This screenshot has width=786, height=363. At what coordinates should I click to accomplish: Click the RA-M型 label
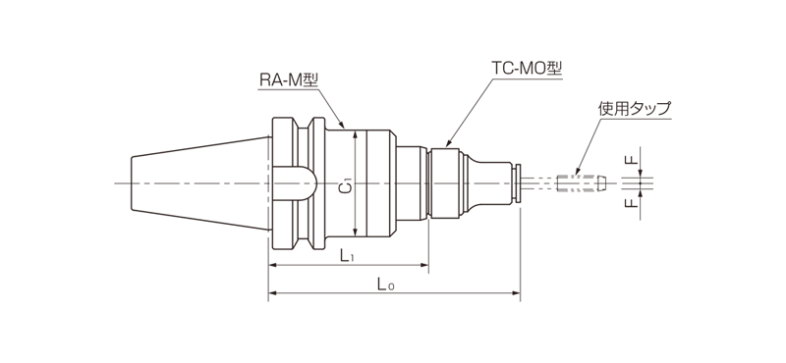coord(289,80)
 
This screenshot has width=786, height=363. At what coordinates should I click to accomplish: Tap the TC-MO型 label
coord(526,68)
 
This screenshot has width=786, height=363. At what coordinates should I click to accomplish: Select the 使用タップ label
coord(634,109)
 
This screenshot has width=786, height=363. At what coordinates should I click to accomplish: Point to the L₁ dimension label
coord(347,256)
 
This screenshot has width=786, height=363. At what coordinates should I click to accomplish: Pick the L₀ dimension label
coord(386,285)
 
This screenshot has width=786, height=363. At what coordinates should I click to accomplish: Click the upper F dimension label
coord(633,160)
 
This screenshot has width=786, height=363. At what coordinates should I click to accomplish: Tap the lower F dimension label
coord(633,203)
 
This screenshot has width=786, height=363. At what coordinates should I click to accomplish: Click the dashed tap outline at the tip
coord(581,182)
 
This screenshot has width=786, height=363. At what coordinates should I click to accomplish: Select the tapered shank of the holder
coord(200,183)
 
